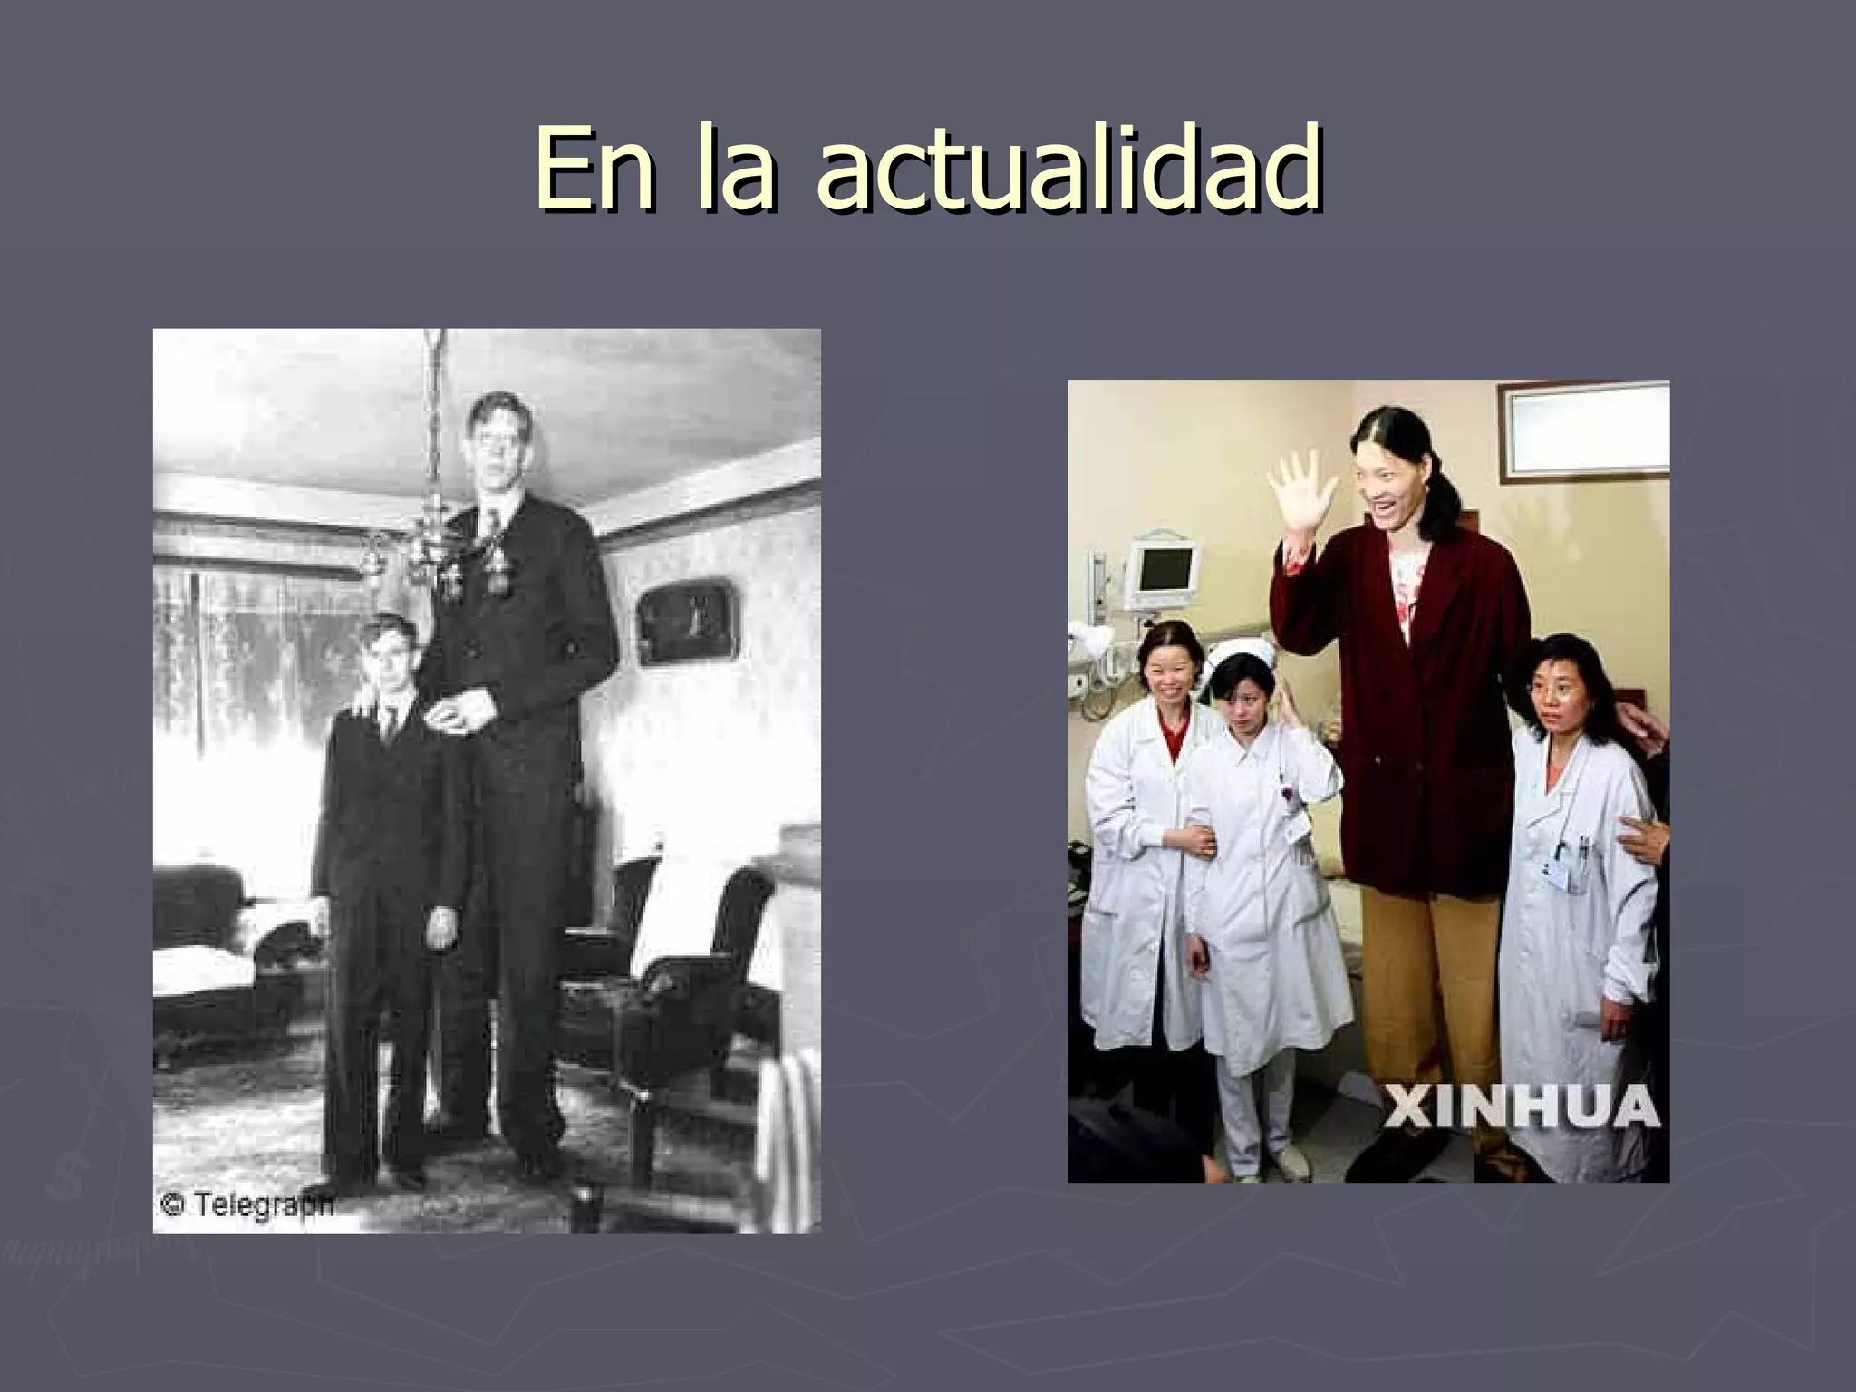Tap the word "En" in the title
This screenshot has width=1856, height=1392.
(593, 168)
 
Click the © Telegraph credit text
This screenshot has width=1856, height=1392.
(246, 1204)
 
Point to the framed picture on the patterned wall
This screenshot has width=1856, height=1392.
(686, 620)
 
